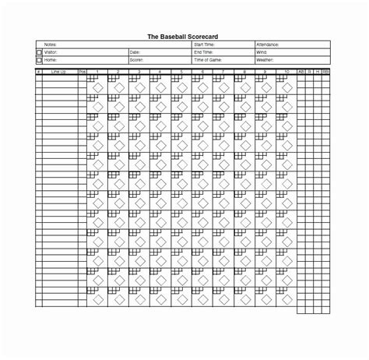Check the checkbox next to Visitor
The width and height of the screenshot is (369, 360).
pos(39,52)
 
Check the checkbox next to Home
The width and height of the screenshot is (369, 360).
pos(39,59)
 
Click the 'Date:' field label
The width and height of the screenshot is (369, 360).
pos(135,52)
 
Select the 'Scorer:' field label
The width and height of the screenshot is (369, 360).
pos(136,59)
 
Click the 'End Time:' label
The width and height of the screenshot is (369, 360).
pos(202,52)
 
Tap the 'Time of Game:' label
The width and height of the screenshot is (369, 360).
pos(206,59)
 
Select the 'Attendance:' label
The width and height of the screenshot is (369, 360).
pos(268,45)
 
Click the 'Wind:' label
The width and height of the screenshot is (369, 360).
pos(262,52)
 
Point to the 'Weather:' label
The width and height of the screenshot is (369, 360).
pos(265,59)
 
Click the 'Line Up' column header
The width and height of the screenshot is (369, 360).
pos(59,70)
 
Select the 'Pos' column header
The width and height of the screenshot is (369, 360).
pos(82,70)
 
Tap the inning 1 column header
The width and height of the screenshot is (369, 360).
pos(97,70)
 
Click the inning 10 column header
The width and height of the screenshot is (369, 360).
pos(286,70)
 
